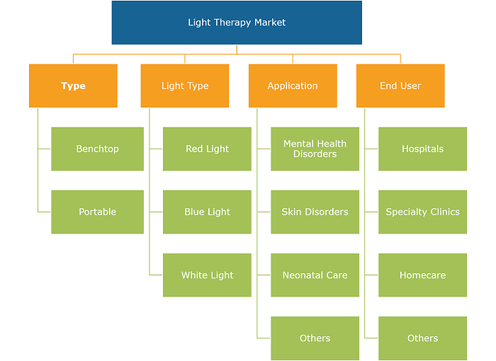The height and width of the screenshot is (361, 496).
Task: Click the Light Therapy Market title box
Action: (237, 23)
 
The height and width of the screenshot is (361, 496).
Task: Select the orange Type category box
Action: (73, 86)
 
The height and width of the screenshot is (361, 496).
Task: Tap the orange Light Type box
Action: (185, 86)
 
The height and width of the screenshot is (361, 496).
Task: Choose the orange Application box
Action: (293, 86)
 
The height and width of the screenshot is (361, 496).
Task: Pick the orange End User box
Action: (400, 86)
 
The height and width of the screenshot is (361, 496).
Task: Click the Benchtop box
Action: (98, 149)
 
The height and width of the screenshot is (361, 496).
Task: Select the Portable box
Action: (98, 212)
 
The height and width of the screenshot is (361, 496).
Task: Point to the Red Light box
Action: (207, 149)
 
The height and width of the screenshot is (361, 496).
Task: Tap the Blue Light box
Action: (207, 212)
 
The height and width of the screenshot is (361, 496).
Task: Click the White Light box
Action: (207, 275)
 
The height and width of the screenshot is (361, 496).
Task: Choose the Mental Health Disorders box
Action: (315, 149)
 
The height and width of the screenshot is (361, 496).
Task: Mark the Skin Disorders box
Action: (315, 212)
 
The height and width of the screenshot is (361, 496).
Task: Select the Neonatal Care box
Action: (315, 275)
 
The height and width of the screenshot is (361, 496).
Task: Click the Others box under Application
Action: (315, 338)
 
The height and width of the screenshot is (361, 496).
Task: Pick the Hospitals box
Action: (422, 149)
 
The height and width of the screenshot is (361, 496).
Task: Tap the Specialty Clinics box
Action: (422, 212)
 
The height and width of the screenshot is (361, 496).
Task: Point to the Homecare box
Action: (422, 275)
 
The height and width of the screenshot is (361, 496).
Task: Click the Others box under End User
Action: (422, 338)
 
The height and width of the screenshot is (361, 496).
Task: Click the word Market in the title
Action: (270, 22)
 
